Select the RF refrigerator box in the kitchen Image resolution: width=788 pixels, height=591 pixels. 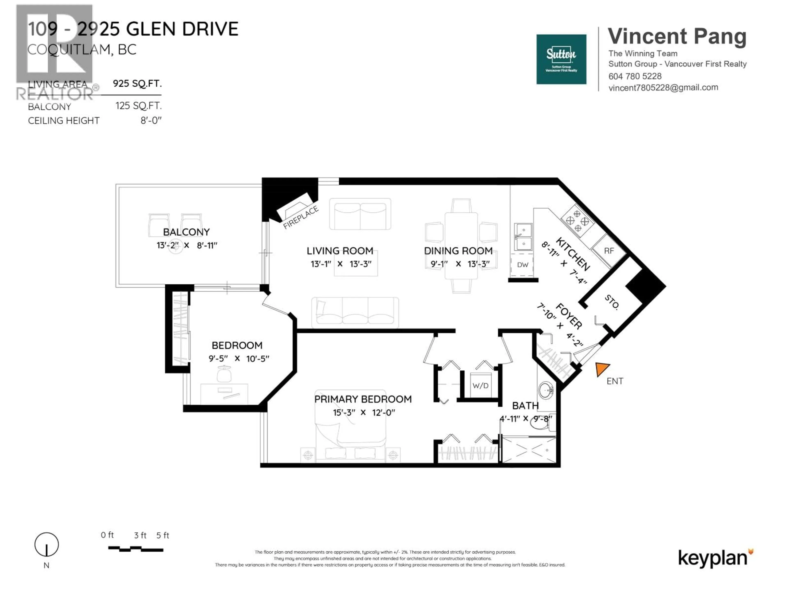click(609, 251)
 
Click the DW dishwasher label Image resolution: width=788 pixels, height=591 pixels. click(523, 265)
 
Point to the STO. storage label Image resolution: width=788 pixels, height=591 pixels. click(612, 302)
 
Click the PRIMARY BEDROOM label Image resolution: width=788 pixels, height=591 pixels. click(363, 399)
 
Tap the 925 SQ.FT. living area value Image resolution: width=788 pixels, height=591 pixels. click(137, 83)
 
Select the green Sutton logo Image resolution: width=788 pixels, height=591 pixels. click(561, 59)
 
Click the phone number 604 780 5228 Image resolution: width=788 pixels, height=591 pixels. click(635, 76)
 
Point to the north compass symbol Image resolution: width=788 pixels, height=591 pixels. click(46, 545)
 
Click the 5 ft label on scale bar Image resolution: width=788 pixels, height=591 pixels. click(163, 535)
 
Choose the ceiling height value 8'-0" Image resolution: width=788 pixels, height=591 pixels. click(151, 120)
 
